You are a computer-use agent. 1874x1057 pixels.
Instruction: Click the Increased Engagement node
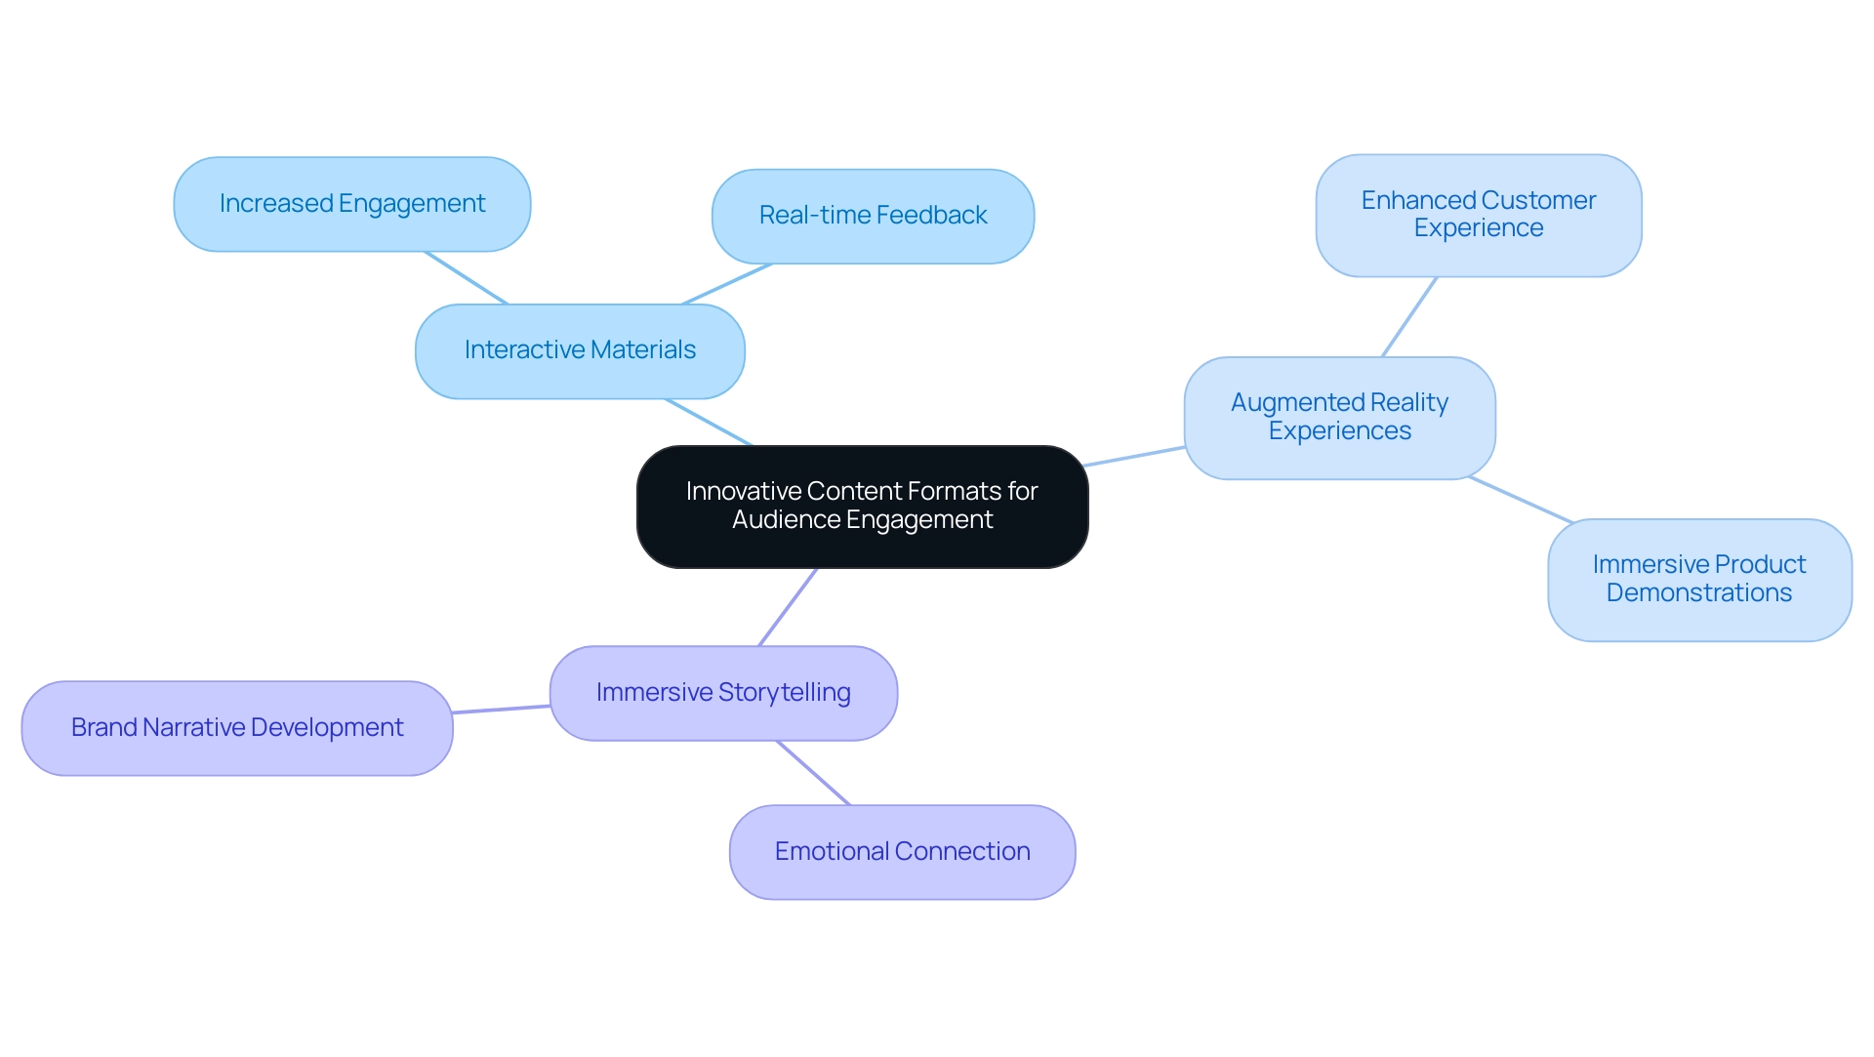pos(351,204)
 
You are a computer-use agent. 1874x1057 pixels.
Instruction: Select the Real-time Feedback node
pos(873,216)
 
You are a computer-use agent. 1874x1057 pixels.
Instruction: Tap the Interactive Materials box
pos(580,350)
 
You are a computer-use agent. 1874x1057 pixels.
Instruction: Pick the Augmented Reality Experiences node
pos(1339,417)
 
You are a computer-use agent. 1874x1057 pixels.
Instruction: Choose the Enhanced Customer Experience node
pos(1478,215)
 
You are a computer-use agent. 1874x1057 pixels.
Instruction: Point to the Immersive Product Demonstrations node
pos(1698,579)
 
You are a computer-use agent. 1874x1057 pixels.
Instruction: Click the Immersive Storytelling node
pos(722,692)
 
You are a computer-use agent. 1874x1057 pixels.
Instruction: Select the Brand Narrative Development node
pos(237,727)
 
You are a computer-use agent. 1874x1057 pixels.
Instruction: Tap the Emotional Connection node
pos(902,851)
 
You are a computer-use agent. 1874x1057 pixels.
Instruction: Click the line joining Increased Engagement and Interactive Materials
pos(467,278)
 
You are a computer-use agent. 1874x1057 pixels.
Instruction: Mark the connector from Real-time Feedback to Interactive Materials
pos(727,284)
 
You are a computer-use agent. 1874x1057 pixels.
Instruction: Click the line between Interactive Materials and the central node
pos(709,422)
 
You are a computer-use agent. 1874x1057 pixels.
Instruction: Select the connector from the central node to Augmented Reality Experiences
pos(1134,456)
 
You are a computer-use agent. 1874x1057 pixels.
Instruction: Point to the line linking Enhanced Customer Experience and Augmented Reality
pos(1409,316)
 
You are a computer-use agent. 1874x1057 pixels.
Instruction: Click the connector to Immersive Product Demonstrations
pos(1521,499)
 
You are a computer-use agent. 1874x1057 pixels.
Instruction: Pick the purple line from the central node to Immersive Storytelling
pos(788,606)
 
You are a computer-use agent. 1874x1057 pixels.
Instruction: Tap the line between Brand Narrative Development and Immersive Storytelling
pos(502,709)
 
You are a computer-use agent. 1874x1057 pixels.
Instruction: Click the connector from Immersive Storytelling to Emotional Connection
pos(813,772)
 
